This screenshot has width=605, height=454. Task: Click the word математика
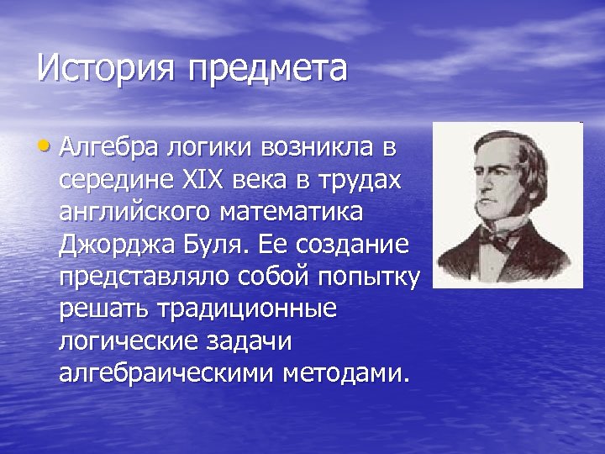pyautogui.click(x=293, y=212)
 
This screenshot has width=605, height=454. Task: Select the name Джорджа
pyautogui.click(x=114, y=245)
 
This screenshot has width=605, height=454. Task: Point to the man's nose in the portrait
pyautogui.click(x=480, y=183)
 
